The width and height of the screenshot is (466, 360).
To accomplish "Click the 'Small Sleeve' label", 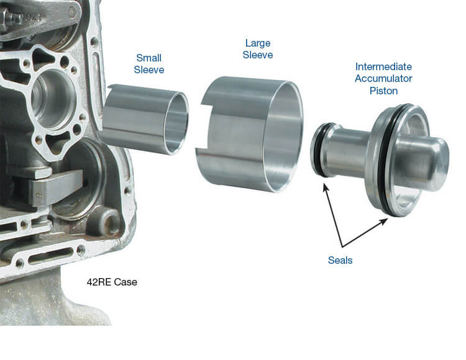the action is pyautogui.click(x=149, y=64).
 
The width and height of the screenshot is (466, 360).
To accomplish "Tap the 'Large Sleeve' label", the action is pyautogui.click(x=258, y=49).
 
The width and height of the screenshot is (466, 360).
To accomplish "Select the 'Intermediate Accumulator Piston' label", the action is pyautogui.click(x=383, y=79).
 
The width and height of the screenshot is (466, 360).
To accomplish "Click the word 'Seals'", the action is pyautogui.click(x=340, y=260).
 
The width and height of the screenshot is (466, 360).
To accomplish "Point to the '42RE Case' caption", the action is pyautogui.click(x=112, y=282).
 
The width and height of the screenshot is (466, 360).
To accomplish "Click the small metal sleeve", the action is pyautogui.click(x=144, y=119).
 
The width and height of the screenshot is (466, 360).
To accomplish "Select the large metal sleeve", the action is pyautogui.click(x=249, y=133).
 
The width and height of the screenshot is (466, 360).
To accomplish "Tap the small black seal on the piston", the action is pyautogui.click(x=318, y=150).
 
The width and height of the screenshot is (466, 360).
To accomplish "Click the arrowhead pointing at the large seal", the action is pyautogui.click(x=383, y=221).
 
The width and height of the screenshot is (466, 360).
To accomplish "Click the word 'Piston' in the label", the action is pyautogui.click(x=383, y=91).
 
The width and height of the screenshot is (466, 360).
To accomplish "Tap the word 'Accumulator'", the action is pyautogui.click(x=383, y=79).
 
